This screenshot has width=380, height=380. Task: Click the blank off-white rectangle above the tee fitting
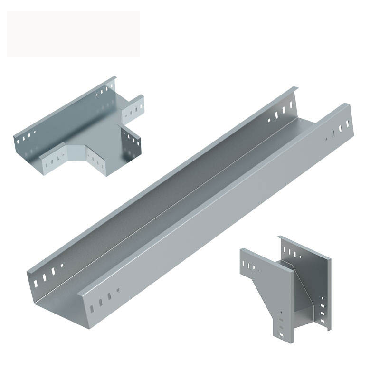coord(73,34)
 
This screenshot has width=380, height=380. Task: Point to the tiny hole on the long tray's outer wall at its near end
coord(118,290)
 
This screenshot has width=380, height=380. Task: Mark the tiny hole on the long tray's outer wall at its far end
coord(326,139)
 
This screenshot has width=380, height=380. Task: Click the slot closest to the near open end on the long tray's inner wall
coord(36,283)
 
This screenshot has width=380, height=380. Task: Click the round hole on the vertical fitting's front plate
coord(281,313)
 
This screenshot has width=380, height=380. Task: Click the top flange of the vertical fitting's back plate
coord(304,247)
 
